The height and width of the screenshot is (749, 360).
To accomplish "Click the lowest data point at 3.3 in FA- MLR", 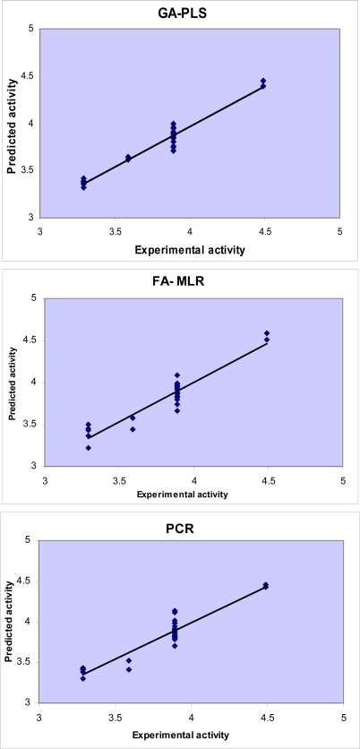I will [x=89, y=448].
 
